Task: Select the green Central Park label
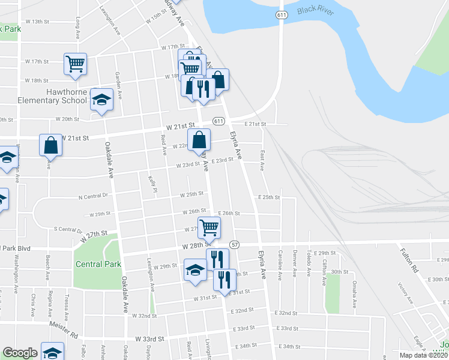point(98,264)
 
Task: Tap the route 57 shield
point(234,245)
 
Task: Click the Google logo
point(20,353)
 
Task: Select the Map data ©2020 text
point(424,355)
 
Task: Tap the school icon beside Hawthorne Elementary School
point(102,99)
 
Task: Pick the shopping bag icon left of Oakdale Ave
point(50,145)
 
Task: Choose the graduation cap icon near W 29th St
point(195,269)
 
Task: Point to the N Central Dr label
point(92,196)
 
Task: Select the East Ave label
point(262,160)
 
